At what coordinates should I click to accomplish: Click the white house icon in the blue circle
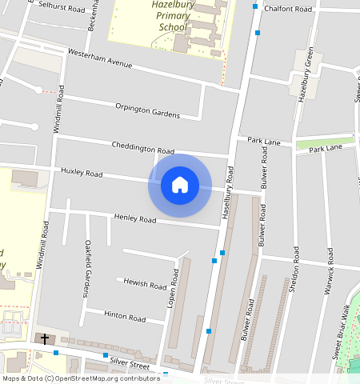180,185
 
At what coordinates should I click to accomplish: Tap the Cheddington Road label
143,148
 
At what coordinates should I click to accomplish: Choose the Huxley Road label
82,173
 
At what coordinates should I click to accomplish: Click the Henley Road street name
134,218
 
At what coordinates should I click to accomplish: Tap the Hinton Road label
125,317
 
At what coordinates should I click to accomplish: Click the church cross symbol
45,339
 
